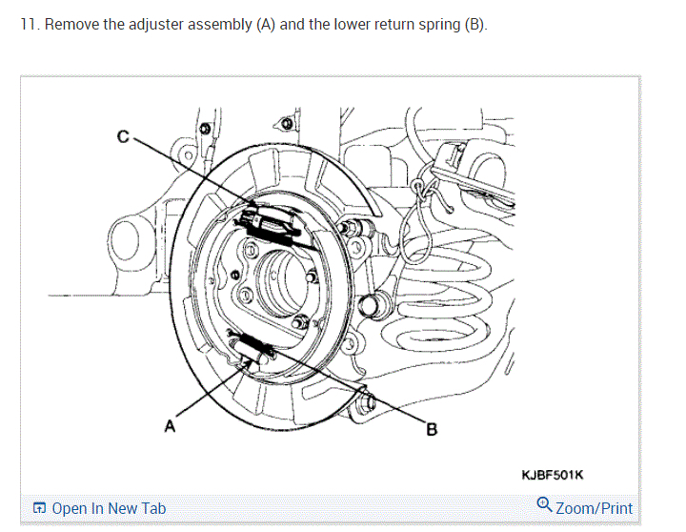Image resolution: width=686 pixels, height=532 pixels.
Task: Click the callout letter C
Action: (x=123, y=136)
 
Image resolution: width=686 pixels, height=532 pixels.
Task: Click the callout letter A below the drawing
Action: (x=170, y=426)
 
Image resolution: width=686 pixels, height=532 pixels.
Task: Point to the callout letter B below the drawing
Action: (x=431, y=430)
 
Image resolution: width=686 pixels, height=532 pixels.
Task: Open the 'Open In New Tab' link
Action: (x=108, y=508)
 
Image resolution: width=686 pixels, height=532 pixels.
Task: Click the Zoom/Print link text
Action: (x=594, y=508)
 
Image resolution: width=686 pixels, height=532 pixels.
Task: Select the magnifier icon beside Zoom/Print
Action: (x=544, y=505)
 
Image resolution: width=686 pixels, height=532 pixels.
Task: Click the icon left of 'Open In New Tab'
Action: (x=39, y=508)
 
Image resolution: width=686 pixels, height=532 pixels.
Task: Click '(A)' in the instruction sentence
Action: (x=267, y=24)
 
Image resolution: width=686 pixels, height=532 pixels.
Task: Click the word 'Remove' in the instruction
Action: (x=71, y=24)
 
